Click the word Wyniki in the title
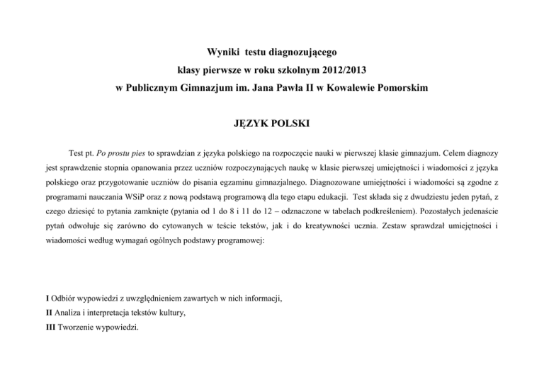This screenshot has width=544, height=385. [x=222, y=52]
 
